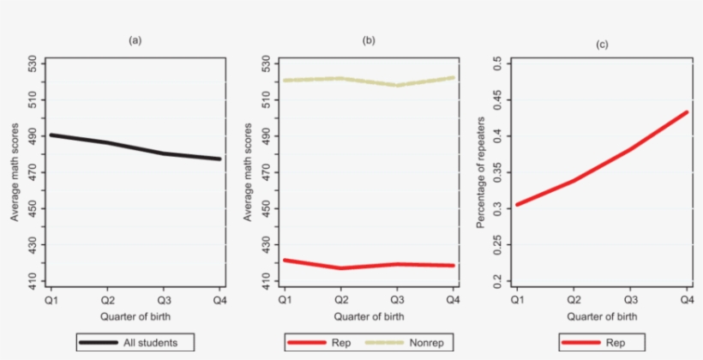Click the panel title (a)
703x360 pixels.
[135, 39]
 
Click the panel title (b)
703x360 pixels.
[369, 39]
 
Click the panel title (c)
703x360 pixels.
[602, 44]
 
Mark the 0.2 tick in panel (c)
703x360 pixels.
[496, 280]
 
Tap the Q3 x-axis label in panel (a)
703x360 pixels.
[163, 299]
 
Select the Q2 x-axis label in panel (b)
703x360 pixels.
[340, 299]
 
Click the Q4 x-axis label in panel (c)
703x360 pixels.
[687, 299]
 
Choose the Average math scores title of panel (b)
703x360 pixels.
[249, 171]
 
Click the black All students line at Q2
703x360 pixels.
[106, 142]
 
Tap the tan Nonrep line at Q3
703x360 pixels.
[397, 85]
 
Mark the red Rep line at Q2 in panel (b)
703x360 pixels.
[340, 268]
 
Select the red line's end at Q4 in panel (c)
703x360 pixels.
[687, 111]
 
